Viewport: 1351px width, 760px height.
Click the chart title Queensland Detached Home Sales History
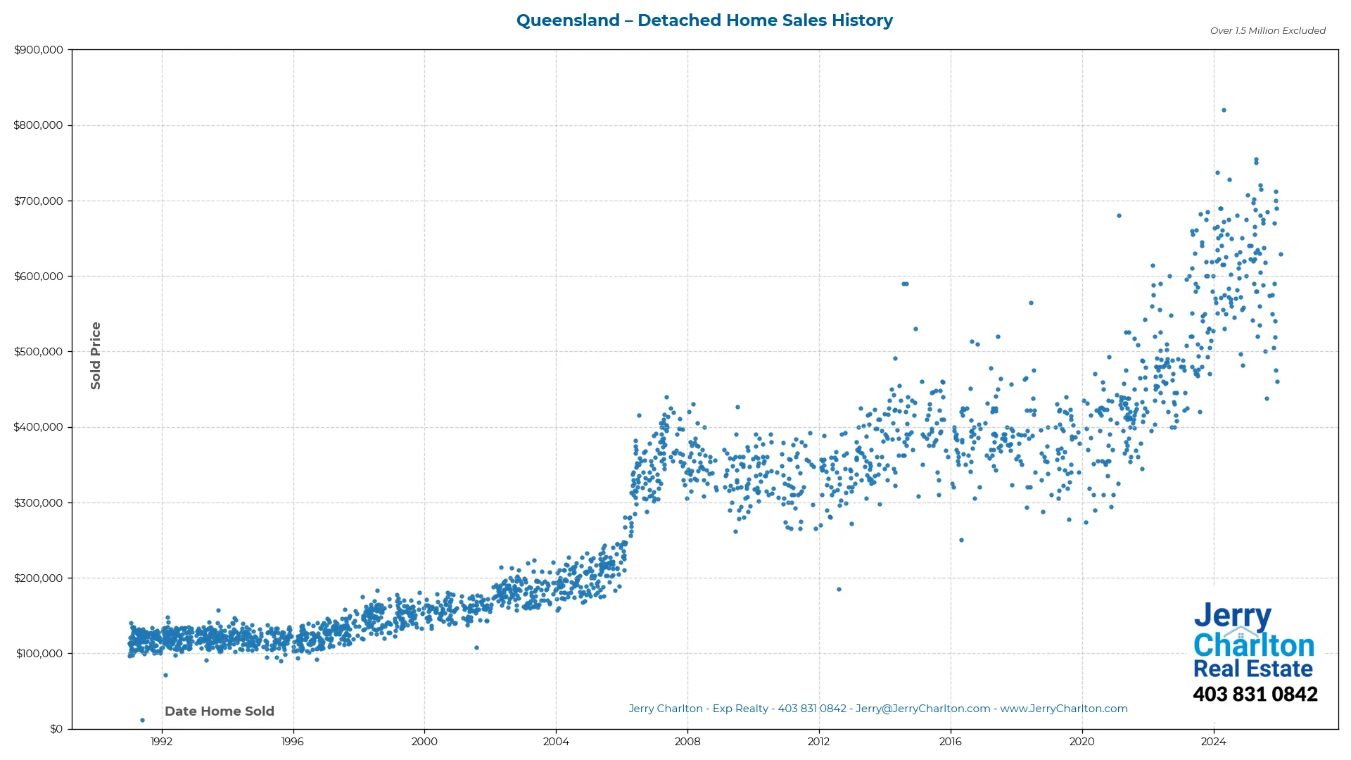704,20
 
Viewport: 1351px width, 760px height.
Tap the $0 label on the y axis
56,729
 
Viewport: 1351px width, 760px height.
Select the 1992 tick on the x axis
161,742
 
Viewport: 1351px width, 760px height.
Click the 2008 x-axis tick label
687,742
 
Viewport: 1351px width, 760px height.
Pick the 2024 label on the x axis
1213,742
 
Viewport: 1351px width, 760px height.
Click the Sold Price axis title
96,355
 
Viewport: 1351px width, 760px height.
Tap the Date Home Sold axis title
220,711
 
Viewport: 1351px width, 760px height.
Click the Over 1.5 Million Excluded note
1267,31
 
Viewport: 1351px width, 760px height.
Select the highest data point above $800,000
1224,110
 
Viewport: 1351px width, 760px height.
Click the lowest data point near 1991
142,721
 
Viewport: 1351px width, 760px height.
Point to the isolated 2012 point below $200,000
839,590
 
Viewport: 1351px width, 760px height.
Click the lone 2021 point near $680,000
1119,216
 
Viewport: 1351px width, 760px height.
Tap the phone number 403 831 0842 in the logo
1255,695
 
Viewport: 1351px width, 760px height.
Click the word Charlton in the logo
1254,645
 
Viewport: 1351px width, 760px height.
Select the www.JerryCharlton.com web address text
1064,709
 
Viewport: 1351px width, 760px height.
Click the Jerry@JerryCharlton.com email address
922,709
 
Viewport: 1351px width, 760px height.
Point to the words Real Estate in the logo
1252,669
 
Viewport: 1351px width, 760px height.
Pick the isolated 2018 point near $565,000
1031,303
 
